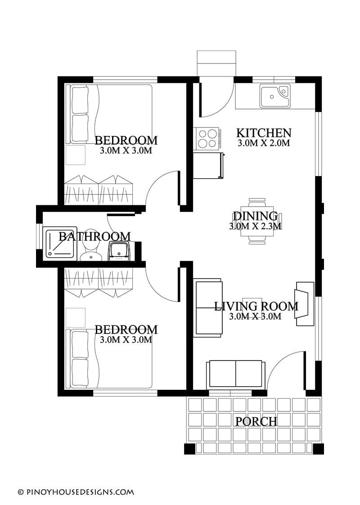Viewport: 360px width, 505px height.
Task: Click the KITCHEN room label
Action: tap(264, 133)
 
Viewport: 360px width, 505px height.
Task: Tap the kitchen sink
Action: tap(274, 96)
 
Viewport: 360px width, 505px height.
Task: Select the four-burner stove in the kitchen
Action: tap(207, 138)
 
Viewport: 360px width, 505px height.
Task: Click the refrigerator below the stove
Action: tap(208, 166)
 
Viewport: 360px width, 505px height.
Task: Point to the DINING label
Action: tap(255, 216)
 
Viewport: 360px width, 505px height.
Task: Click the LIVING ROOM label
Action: tap(256, 307)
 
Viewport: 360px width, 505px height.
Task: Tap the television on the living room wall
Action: tap(304, 304)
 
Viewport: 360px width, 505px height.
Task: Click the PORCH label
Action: tap(256, 421)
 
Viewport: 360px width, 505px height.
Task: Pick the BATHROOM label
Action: tap(94, 236)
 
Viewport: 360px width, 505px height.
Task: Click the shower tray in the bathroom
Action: tap(60, 243)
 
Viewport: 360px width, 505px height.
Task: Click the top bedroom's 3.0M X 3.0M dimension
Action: tap(126, 151)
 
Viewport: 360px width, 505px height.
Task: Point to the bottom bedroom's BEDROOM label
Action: tap(126, 329)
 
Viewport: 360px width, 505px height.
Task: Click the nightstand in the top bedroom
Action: tap(76, 155)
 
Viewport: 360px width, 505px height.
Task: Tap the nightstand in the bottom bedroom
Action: tap(76, 318)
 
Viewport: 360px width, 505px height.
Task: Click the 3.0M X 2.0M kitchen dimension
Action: tap(264, 143)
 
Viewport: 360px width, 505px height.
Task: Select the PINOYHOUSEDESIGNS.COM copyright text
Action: tap(76, 492)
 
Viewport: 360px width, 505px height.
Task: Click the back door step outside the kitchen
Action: tap(216, 63)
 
